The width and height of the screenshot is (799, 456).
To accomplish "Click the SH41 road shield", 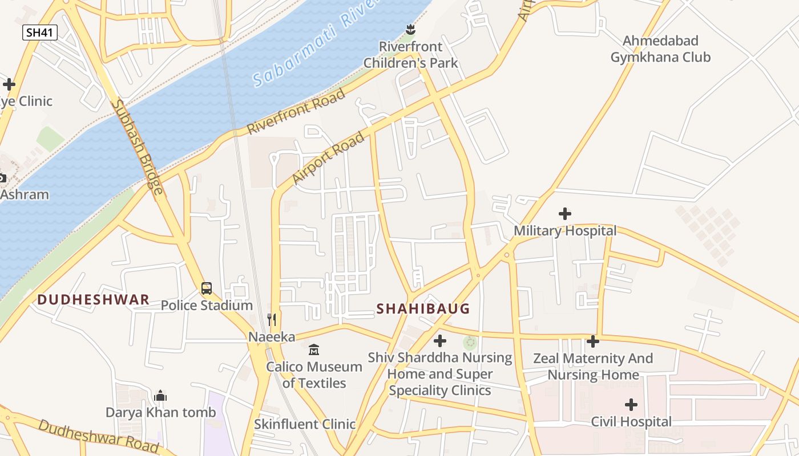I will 40,32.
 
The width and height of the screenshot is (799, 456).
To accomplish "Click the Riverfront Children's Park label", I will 410,55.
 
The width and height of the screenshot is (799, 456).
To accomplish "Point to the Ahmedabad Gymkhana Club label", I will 660,49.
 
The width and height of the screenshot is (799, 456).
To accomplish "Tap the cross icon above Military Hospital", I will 565,214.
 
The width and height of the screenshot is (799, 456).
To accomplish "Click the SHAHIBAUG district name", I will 423,309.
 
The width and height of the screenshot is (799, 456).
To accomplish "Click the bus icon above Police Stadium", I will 207,288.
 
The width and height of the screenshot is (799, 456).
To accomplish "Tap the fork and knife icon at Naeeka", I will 272,320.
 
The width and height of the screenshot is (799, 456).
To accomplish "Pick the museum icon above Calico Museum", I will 314,349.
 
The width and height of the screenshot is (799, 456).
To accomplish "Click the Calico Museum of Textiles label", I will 314,374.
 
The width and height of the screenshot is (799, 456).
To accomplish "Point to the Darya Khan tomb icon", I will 161,396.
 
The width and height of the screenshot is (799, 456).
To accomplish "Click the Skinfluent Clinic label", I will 305,424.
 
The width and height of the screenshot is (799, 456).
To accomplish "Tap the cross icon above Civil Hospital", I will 631,405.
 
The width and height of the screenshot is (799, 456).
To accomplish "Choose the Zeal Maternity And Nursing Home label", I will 593,367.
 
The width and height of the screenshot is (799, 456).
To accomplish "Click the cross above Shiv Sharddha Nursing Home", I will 440,341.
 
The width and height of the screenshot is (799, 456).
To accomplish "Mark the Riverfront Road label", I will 296,112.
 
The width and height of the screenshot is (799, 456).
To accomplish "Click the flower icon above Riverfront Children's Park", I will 410,28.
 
